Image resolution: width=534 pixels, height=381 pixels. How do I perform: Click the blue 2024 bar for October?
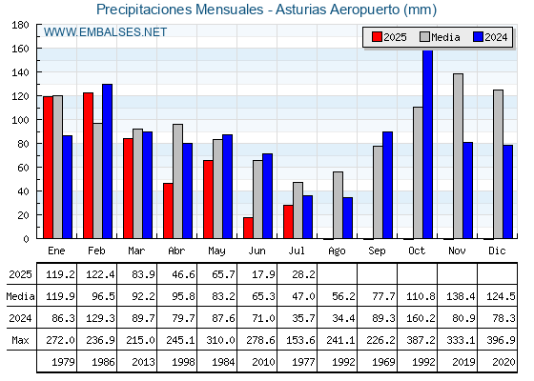coord(428,144)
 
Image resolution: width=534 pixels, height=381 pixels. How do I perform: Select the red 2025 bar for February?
coord(88,166)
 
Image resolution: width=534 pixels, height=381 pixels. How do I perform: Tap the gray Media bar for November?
coord(458,156)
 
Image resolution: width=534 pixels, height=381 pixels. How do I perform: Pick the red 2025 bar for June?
coord(248,228)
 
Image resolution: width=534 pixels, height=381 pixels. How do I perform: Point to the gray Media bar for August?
coord(338,205)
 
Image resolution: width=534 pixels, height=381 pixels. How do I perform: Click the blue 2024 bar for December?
coord(507,191)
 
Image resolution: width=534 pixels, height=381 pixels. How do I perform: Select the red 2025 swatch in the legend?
coord(377,37)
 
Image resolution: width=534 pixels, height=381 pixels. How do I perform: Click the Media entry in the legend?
coord(440,37)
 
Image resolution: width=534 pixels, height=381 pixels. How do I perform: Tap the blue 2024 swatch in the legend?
coord(478,37)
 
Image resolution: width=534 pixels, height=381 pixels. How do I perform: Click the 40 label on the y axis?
coord(22,191)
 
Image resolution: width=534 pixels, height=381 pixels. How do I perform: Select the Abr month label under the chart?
coord(176,251)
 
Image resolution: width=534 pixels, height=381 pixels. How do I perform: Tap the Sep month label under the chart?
coord(377,251)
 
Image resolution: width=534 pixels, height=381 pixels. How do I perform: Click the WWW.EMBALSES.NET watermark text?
coord(105,32)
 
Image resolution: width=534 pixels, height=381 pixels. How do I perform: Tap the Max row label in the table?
coord(20,340)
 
